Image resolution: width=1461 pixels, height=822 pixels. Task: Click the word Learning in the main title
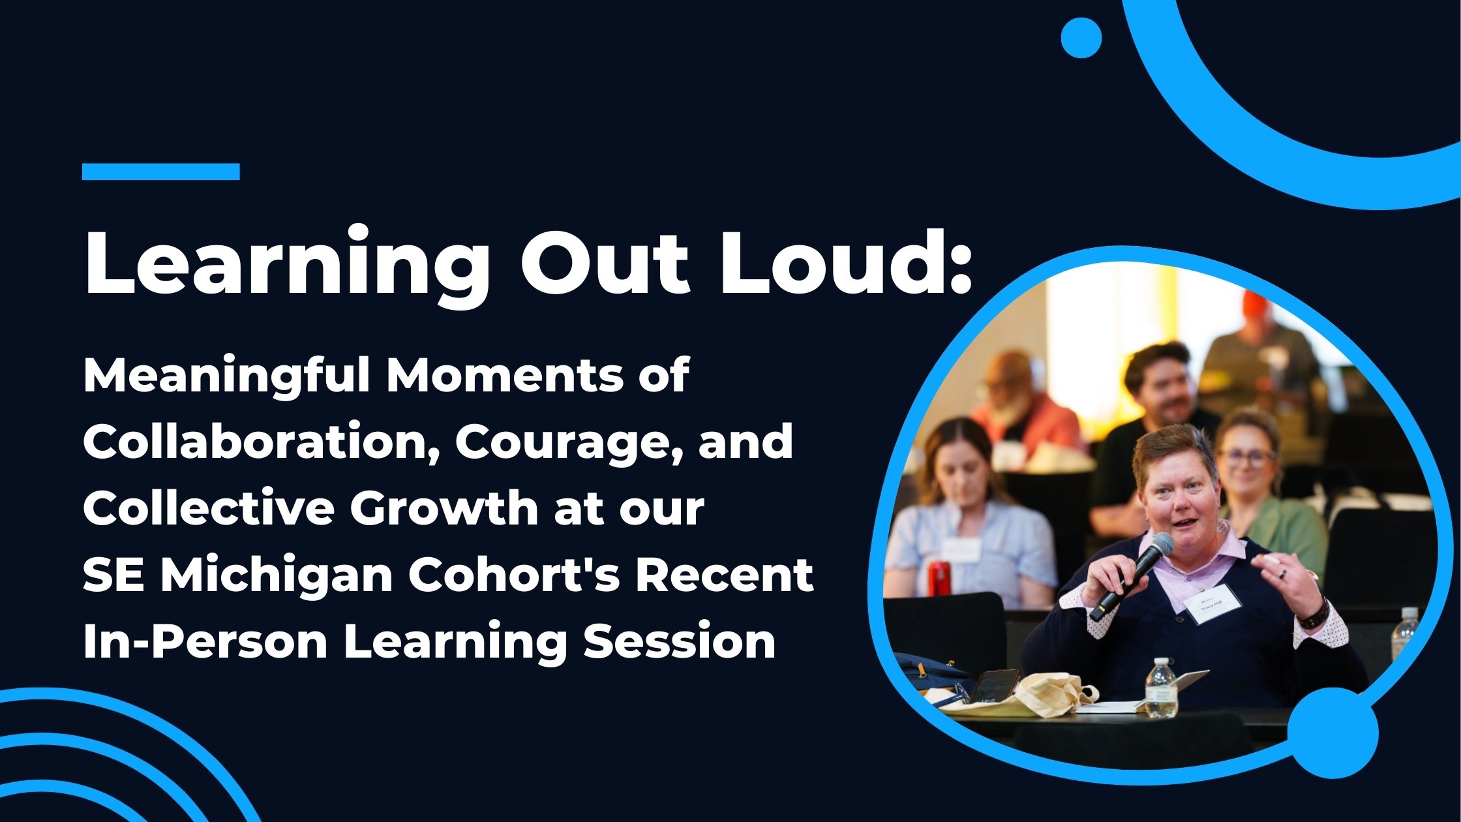coord(286,264)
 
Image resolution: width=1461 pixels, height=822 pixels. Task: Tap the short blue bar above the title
coord(161,172)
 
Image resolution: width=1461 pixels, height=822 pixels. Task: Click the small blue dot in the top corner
coord(1081,38)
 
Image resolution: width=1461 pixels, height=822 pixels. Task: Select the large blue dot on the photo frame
coord(1333,733)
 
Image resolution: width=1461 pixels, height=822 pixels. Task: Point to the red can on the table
coord(939,578)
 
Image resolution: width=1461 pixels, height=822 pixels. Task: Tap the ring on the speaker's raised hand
coord(1282,574)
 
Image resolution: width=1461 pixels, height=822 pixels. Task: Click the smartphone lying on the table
coord(993,686)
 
